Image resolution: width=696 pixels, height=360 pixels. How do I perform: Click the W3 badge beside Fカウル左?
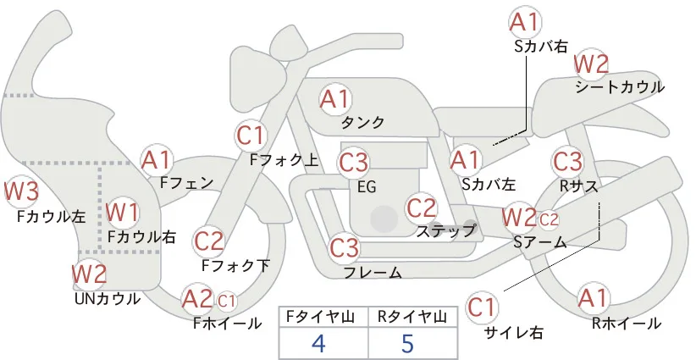[x=21, y=191]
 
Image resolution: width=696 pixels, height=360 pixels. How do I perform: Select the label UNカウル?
[x=107, y=299]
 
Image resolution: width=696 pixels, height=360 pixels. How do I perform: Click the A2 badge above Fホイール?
[x=197, y=299]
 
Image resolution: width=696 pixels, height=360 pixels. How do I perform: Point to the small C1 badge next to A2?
[x=226, y=302]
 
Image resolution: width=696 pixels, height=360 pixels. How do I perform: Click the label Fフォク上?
[x=284, y=160]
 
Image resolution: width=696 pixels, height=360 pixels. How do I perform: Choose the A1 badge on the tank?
[x=334, y=99]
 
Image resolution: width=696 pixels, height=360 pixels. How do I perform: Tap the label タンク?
[x=362, y=123]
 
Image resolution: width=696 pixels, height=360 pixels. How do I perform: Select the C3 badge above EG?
[x=353, y=163]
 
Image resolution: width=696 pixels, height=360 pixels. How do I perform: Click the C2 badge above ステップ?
[x=422, y=208]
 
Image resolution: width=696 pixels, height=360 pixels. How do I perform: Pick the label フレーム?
[x=373, y=273]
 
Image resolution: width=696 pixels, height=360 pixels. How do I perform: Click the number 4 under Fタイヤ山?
[x=318, y=343]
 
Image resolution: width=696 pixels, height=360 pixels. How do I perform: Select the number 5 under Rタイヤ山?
[x=407, y=343]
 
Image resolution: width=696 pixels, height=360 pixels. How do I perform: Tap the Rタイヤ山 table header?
[x=412, y=317]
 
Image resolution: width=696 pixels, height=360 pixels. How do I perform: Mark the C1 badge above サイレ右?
[x=482, y=307]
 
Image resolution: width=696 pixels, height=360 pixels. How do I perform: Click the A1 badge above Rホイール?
[x=593, y=298]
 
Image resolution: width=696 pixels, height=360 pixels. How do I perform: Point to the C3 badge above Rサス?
[x=567, y=162]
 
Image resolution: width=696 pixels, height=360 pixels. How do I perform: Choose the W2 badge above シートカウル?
[x=591, y=65]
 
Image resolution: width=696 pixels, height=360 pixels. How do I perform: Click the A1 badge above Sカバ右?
[x=525, y=22]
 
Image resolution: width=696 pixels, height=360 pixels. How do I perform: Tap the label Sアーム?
[x=540, y=242]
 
